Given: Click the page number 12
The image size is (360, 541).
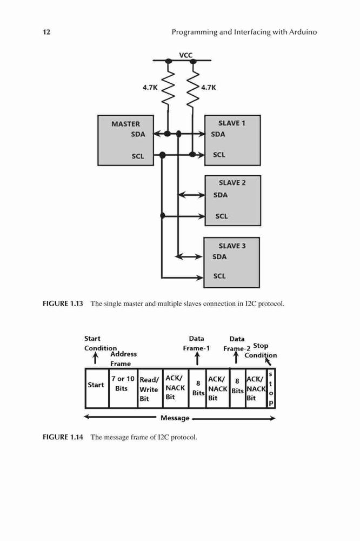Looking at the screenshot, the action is coord(46,32).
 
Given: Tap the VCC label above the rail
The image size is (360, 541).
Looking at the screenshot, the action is coord(185,55).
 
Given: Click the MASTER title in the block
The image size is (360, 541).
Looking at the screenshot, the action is coord(125,124).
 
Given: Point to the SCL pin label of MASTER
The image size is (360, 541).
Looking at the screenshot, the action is coord(138,156).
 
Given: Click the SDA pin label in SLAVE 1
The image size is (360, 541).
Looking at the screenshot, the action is coord(218,134).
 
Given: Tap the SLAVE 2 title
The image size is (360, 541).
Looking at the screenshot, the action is coord(232,183).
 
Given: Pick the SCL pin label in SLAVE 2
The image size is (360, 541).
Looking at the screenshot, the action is coord(222,216).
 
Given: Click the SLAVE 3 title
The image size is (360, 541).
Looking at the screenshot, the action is coord(232,246).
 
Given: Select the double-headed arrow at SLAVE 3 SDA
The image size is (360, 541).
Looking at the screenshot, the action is coord(189,256).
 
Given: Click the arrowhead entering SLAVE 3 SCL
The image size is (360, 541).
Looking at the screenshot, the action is coord(200,277).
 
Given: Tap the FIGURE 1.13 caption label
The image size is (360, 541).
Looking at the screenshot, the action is coord(63,304).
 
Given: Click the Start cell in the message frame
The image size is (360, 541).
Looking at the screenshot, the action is coord(97,388).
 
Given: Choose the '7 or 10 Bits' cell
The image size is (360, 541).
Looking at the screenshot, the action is coord(123,388).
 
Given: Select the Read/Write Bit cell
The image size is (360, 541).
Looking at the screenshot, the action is coord(150,388).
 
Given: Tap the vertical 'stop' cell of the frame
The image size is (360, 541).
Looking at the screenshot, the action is coord(271,388).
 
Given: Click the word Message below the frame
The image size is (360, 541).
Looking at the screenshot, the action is coord(175,418).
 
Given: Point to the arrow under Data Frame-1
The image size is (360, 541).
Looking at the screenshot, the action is coord(197,359).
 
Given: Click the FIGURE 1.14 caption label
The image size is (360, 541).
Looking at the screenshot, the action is coord(63,437).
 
